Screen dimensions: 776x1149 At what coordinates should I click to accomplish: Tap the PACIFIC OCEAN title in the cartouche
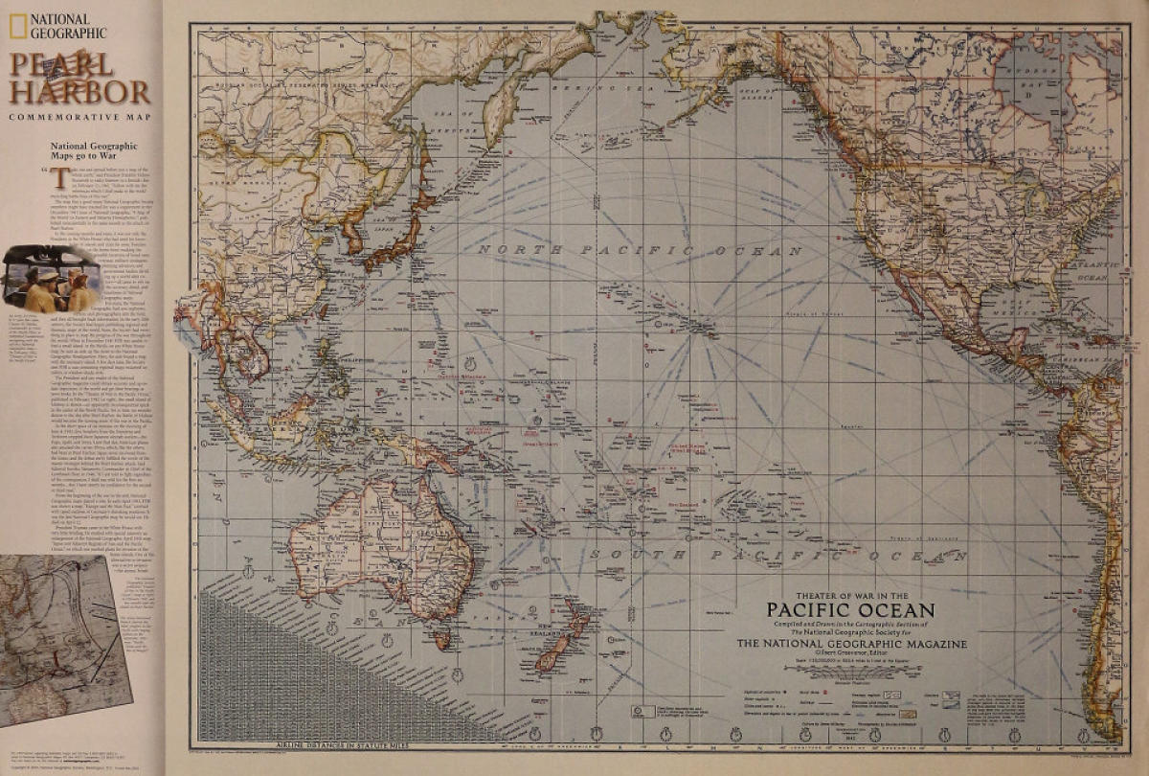click(850, 609)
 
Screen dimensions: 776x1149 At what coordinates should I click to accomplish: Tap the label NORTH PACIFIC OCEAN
click(597, 250)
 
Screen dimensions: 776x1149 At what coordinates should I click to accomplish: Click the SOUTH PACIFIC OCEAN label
click(776, 555)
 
